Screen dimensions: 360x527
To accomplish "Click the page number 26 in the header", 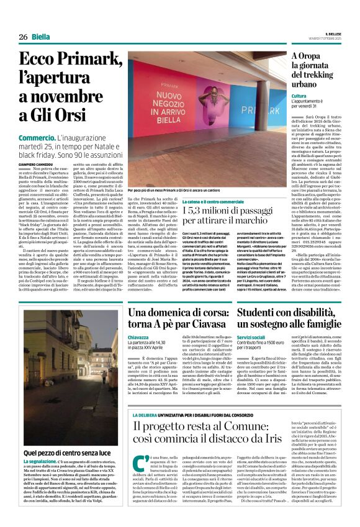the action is coord(23,37).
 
